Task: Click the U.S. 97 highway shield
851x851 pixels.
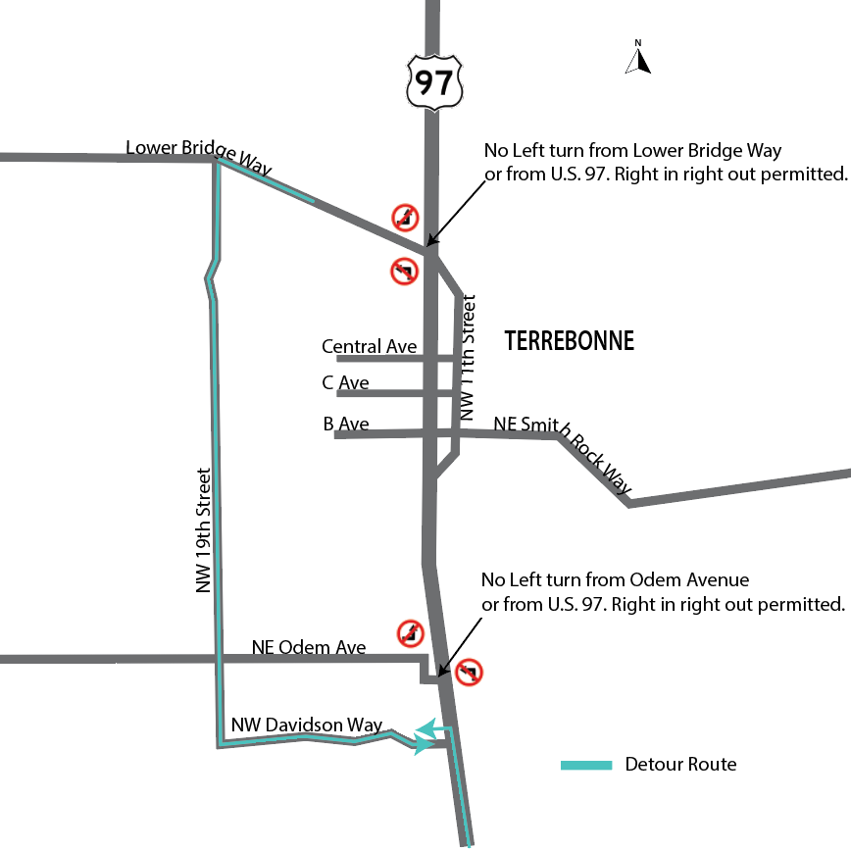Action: [433, 80]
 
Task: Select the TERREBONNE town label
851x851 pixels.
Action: [569, 341]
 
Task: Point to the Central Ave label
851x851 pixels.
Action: [369, 347]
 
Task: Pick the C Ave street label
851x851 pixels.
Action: [345, 382]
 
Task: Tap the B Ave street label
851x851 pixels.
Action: [345, 425]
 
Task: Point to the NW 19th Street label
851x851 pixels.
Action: [204, 529]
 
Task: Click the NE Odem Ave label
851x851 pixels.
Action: [309, 647]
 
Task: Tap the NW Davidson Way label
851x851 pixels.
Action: [306, 725]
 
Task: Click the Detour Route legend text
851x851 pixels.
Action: [680, 764]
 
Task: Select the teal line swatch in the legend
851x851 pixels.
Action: [586, 765]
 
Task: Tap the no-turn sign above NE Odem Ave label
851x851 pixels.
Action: [411, 633]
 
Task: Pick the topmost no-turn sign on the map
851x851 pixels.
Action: [406, 218]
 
